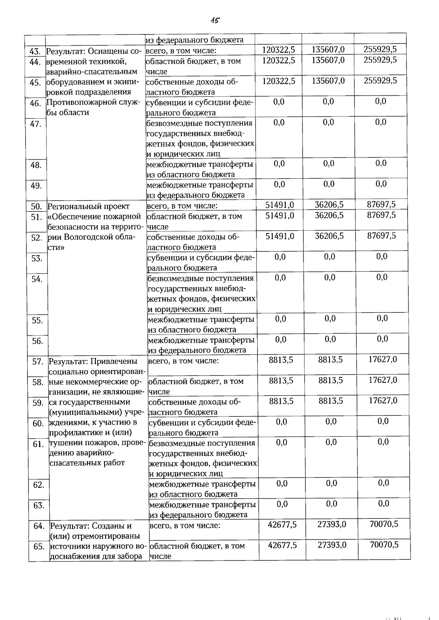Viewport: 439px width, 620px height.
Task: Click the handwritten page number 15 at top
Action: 215,20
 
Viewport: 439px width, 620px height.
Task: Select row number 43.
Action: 35,52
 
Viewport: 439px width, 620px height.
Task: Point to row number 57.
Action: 38,362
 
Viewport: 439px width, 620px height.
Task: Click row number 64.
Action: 39,526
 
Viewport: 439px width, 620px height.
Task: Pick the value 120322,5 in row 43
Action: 279,50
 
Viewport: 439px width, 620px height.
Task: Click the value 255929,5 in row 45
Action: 380,81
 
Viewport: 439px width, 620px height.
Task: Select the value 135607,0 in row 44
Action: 328,60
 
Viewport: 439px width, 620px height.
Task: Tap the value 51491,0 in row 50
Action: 280,205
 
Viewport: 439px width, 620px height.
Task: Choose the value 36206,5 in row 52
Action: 329,236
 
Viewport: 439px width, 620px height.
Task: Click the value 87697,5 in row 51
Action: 381,215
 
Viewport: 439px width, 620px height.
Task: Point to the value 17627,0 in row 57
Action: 383,360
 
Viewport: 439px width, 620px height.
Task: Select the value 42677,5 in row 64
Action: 282,525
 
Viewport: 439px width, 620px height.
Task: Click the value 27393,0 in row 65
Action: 332,545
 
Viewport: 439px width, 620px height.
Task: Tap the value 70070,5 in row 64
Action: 384,525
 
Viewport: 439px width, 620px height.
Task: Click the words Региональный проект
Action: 89,206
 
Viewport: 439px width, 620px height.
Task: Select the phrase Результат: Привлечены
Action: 93,362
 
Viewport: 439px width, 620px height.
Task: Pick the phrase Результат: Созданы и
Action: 91,526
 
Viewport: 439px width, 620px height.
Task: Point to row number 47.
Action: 35,124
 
